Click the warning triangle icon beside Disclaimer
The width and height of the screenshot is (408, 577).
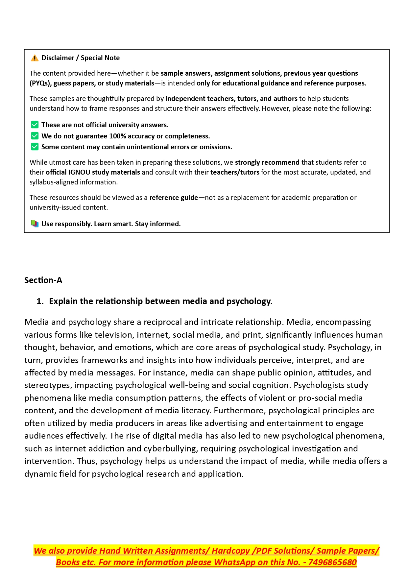pyautogui.click(x=35, y=58)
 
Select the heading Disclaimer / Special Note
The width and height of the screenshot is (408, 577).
pyautogui.click(x=81, y=58)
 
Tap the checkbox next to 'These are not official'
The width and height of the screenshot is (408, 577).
pyautogui.click(x=35, y=125)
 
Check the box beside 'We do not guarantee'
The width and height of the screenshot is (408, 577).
pyautogui.click(x=35, y=136)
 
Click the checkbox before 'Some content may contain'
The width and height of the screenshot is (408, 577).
pyautogui.click(x=35, y=147)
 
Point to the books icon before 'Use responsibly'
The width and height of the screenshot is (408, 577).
pyautogui.click(x=35, y=224)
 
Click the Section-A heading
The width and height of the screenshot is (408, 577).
pyautogui.click(x=43, y=280)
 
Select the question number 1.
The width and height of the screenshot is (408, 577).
pyautogui.click(x=40, y=301)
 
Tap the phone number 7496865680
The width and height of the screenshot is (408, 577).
pyautogui.click(x=332, y=562)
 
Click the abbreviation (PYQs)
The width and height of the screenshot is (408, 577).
pyautogui.click(x=40, y=83)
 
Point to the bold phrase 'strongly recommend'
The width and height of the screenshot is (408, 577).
pyautogui.click(x=267, y=162)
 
